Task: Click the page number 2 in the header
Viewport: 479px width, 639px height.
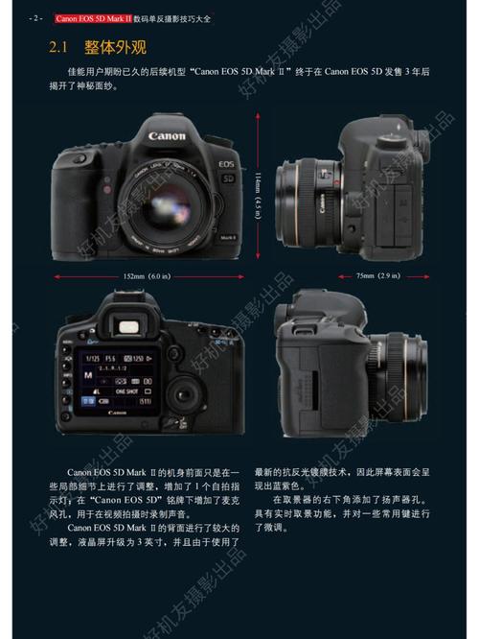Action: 35,18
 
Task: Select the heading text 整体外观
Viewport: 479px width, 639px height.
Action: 116,47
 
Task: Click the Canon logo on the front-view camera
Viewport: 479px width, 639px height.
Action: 167,137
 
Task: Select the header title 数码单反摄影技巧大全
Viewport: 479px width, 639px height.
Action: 196,18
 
